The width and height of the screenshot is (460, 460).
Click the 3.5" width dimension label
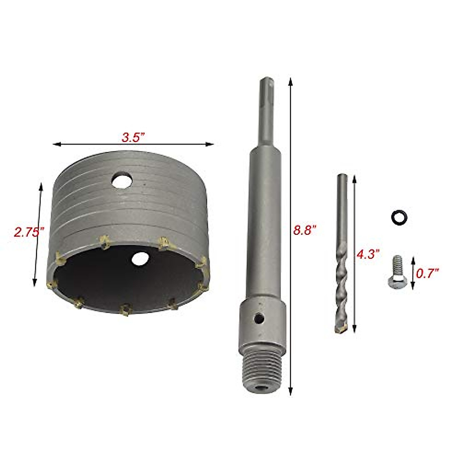[x=133, y=138]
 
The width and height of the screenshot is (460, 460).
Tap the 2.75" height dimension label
[x=29, y=232]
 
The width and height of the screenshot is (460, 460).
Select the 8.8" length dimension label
[x=305, y=231]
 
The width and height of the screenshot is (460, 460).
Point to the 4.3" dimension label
[x=367, y=255]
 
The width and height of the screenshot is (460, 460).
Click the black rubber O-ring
[x=399, y=217]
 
